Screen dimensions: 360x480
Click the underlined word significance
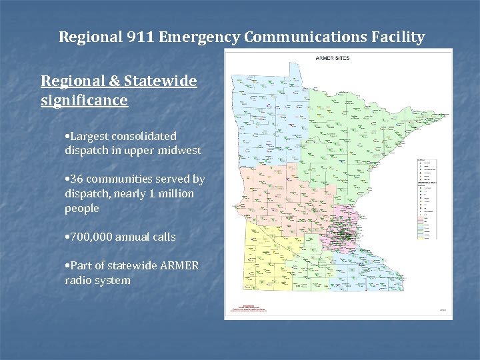pyautogui.click(x=84, y=101)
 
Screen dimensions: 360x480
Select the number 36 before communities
pyautogui.click(x=77, y=179)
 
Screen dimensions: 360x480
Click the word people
pyautogui.click(x=82, y=209)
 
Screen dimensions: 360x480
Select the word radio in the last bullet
pyautogui.click(x=79, y=281)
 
